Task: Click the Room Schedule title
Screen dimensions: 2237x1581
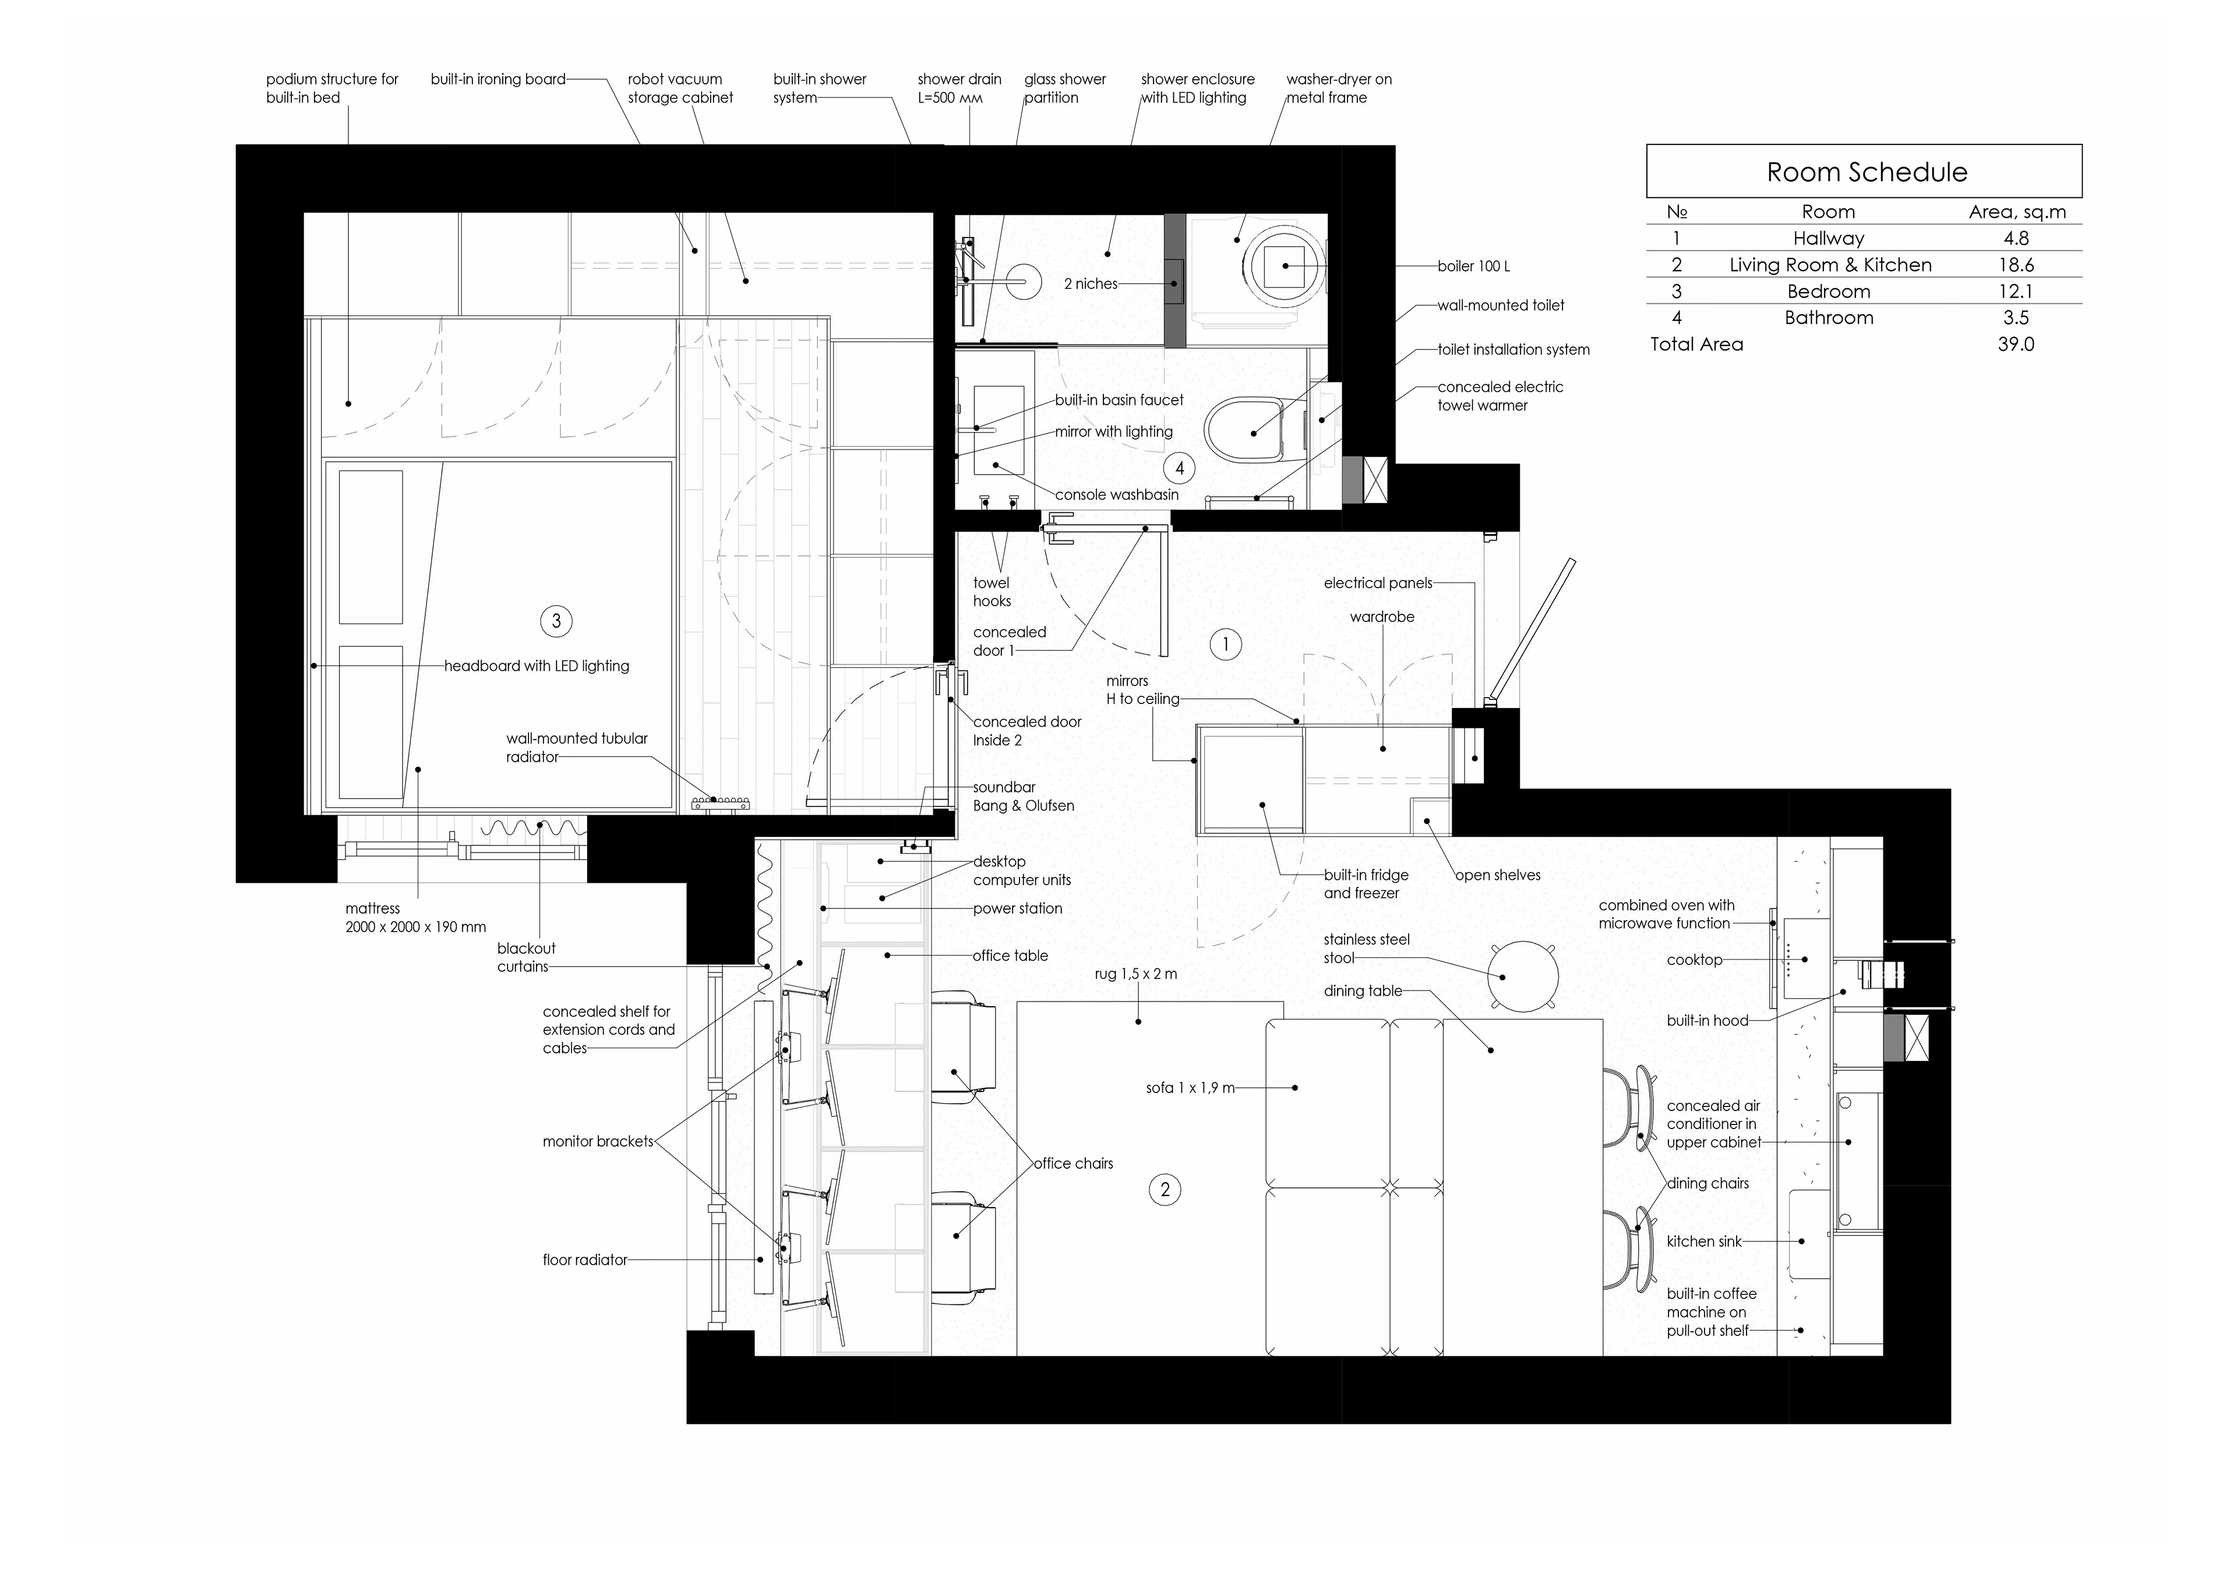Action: pos(1866,172)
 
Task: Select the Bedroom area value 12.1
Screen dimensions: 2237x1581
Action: pos(2016,291)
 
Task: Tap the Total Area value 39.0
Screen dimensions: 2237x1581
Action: pos(2016,344)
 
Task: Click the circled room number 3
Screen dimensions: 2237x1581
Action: pos(556,621)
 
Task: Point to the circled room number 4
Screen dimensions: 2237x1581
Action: pos(1180,469)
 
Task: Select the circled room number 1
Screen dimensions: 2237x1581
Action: pos(1226,644)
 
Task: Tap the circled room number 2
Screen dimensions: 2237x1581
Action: pos(1165,1190)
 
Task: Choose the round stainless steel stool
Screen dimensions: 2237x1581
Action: pos(1523,976)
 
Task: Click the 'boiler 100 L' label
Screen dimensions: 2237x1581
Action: pos(1474,266)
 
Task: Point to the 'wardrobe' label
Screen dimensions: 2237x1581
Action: pos(1382,617)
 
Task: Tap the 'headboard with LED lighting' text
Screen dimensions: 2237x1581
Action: pos(537,666)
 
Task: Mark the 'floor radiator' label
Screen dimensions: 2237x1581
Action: pos(584,1260)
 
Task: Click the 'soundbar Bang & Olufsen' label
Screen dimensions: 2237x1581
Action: pos(1023,797)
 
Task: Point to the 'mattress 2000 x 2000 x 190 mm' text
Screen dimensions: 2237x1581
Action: pos(415,918)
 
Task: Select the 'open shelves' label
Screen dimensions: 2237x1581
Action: pos(1498,875)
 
